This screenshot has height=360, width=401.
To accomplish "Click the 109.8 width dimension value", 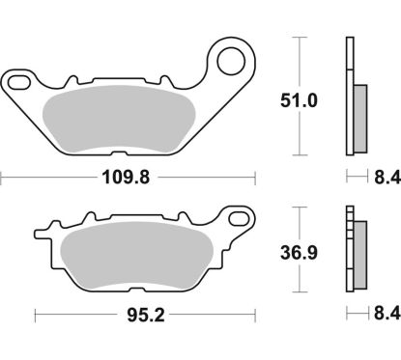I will pos(129,178).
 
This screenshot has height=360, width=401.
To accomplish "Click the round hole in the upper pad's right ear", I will pos(230,63).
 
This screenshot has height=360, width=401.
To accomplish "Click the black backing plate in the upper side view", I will pos(347,97).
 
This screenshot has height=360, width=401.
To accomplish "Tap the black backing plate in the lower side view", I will pos(347,251).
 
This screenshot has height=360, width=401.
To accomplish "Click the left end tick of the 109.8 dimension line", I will pos(3,178).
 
